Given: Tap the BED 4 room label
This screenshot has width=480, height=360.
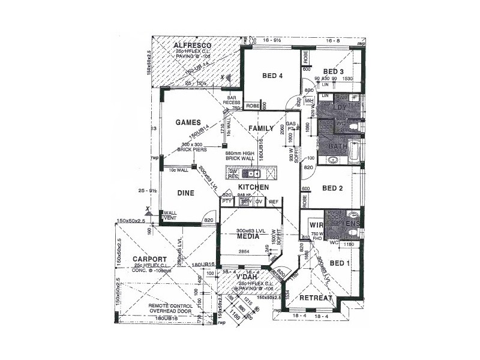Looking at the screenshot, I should point(272,76).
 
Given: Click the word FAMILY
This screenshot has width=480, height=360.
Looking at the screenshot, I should point(262,128).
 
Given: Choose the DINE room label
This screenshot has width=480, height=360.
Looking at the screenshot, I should point(185,193).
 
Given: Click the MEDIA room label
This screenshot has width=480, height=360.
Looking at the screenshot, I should point(247,236).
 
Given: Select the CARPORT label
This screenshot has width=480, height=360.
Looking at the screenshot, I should point(137,259).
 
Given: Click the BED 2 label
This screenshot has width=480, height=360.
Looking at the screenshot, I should point(332,188).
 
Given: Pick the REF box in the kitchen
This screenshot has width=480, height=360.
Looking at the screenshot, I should point(274,202).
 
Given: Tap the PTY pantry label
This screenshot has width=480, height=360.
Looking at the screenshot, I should point(227,202).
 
